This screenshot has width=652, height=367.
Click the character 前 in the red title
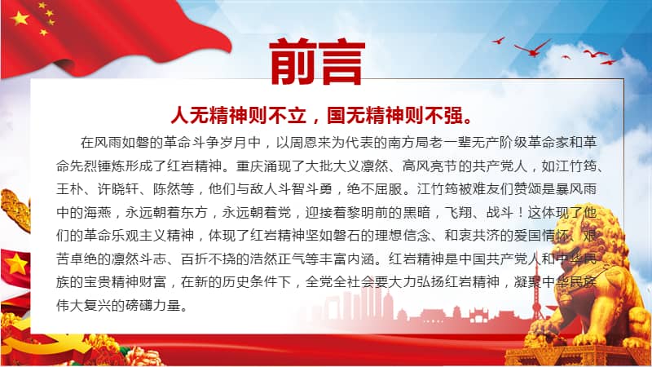click(293, 60)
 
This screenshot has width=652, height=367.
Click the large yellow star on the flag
click(20, 17)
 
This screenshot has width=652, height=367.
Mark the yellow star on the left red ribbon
click(16, 262)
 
